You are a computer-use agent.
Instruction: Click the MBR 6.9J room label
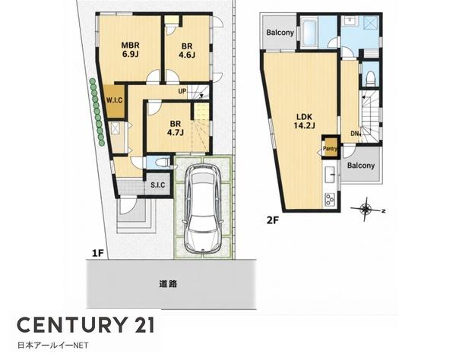(130, 49)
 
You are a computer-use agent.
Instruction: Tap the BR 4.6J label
(187, 50)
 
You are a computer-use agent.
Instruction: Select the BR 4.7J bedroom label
(175, 128)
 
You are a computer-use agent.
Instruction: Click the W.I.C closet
(115, 101)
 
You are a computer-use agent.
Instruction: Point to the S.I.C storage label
(158, 185)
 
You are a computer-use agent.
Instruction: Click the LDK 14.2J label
(304, 122)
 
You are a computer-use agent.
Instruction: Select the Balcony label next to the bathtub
(280, 32)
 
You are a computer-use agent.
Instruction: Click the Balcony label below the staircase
(361, 166)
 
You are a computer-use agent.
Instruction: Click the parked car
(203, 207)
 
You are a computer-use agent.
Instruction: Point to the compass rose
(366, 209)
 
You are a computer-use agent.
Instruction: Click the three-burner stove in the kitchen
(330, 199)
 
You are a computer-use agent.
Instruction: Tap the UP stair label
(182, 91)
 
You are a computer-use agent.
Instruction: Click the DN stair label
(355, 134)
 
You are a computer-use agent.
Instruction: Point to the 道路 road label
(168, 284)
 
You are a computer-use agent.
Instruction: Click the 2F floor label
(273, 220)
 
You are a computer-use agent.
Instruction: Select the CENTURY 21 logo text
(85, 325)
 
